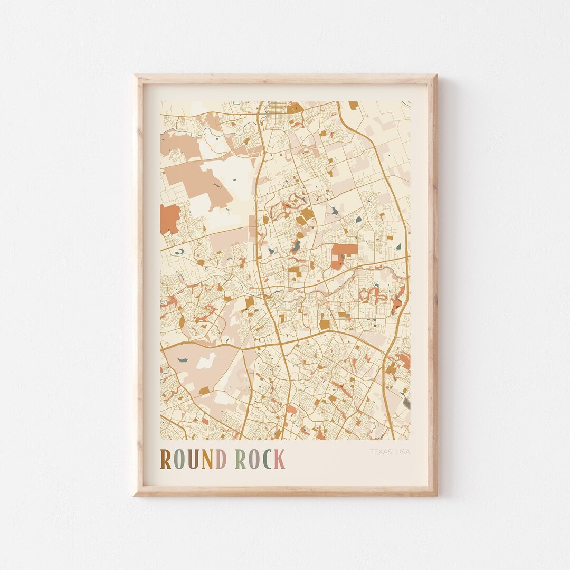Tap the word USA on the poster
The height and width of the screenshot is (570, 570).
pos(402,452)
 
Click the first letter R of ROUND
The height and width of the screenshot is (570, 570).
pos(166,459)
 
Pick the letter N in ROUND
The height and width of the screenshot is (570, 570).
pos(206,459)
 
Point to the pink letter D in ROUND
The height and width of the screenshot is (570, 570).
pos(221,459)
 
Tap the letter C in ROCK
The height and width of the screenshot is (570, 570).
pos(267,459)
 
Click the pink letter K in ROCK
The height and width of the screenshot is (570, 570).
pos(280,459)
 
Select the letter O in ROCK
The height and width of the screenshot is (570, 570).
pos(254,459)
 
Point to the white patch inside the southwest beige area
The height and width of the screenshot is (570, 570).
pos(206,362)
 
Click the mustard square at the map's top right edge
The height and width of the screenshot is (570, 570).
pos(353,105)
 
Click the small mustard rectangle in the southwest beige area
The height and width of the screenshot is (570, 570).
pos(204,391)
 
